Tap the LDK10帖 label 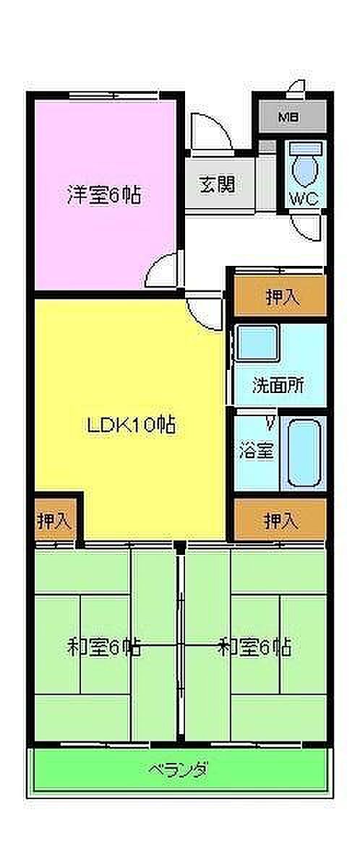132,426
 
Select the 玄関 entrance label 217,184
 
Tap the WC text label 304,199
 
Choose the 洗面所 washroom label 278,387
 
